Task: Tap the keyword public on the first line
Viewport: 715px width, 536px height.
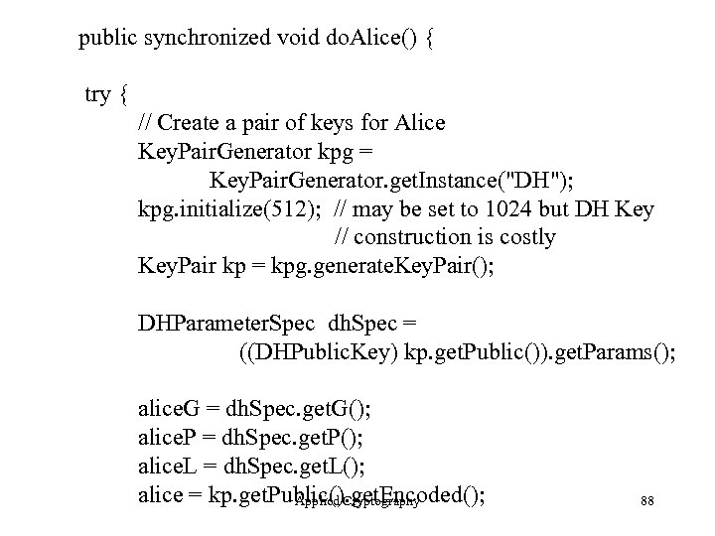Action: (110, 40)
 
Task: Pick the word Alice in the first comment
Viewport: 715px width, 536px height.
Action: (418, 124)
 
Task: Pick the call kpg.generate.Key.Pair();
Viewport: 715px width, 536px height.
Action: (396, 266)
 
